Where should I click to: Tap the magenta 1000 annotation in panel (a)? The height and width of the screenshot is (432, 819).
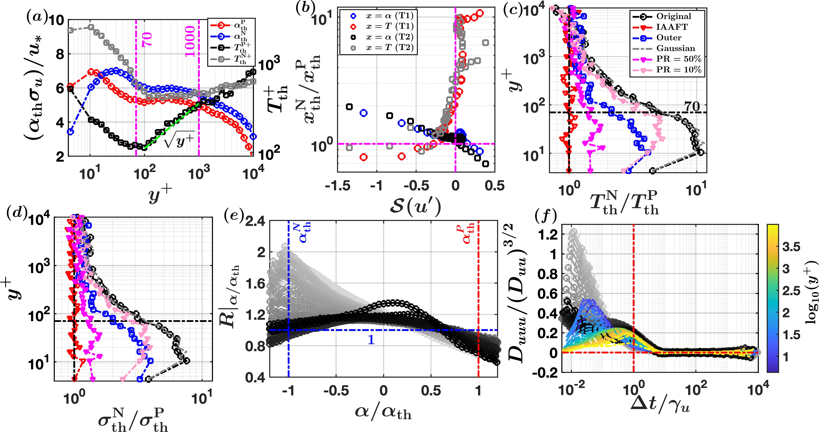click(190, 42)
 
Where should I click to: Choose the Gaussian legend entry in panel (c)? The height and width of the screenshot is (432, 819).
click(676, 48)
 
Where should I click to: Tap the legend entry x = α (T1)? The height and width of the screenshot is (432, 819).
click(390, 15)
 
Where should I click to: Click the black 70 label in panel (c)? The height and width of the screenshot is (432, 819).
click(692, 106)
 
